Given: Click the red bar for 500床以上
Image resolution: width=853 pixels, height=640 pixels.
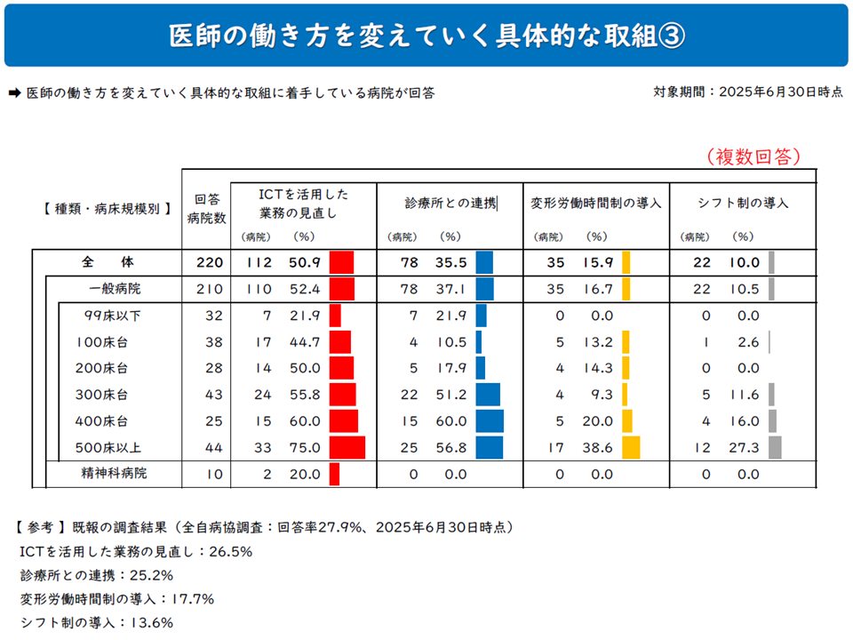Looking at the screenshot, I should [347, 447].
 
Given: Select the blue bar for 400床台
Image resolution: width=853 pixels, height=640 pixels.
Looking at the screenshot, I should [490, 421].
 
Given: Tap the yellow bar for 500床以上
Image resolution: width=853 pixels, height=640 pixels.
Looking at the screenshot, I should [632, 447].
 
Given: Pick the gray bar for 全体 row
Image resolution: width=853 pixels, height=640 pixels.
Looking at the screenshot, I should [771, 262].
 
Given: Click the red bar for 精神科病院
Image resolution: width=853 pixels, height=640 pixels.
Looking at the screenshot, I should [334, 474].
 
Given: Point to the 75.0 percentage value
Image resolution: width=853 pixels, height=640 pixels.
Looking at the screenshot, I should [304, 448].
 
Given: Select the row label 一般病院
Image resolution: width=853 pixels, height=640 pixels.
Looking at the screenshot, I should [115, 289].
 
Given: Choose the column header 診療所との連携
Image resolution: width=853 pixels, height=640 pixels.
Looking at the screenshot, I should [450, 203].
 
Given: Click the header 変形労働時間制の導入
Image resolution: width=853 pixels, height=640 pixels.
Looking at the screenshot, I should [596, 203].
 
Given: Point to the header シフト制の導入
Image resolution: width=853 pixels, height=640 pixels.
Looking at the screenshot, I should [743, 203].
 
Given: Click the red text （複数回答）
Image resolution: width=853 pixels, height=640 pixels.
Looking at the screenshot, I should [754, 157].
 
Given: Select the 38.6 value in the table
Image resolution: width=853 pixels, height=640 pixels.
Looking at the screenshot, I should [597, 448].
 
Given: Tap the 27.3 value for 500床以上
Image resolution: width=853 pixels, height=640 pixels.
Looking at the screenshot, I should [744, 448].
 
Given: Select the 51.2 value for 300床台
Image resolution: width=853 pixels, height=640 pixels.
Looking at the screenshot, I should [450, 395].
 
